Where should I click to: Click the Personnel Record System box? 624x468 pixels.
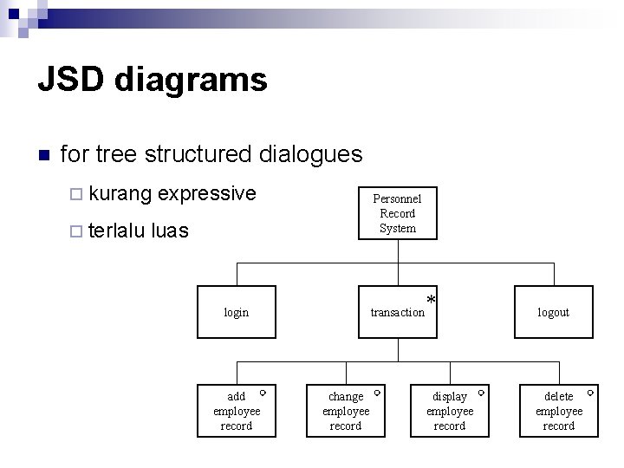[x=398, y=213]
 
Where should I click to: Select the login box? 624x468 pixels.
[x=236, y=312]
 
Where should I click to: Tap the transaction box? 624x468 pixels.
[x=398, y=312]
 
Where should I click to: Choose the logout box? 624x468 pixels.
[x=553, y=312]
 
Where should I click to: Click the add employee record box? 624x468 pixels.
[x=236, y=411]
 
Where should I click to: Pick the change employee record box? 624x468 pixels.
[x=346, y=411]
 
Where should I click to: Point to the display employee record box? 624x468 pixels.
[x=449, y=411]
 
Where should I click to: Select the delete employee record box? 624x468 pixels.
[x=558, y=411]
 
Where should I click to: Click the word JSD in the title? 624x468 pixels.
[x=71, y=81]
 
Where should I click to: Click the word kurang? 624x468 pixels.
[x=120, y=193]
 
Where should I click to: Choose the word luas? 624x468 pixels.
[x=170, y=231]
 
